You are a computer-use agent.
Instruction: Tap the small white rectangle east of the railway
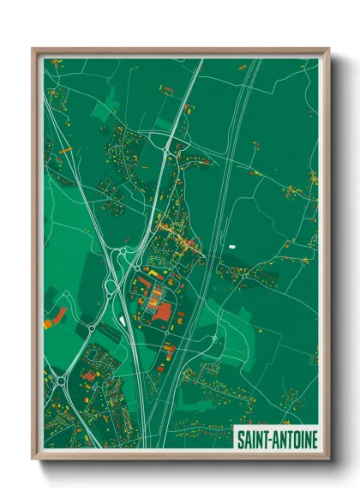pos(231,248)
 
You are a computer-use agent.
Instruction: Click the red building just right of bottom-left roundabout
pos(87,374)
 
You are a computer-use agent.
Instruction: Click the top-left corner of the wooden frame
pos(33,49)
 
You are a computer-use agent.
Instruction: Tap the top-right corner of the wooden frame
pos(328,49)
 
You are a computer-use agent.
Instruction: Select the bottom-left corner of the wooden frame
pos(33,461)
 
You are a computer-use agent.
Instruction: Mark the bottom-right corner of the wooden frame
pos(328,461)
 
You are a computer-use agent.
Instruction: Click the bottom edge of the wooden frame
pos(180,459)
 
